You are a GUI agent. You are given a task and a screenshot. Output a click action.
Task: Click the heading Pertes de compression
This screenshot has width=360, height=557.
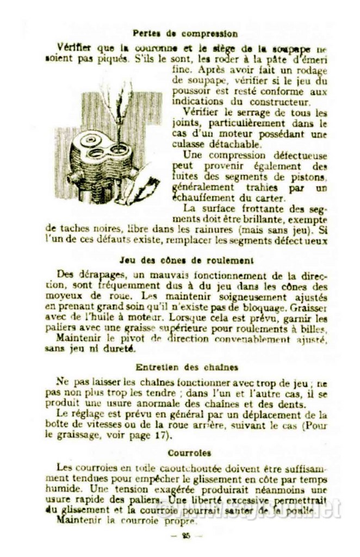click(184, 34)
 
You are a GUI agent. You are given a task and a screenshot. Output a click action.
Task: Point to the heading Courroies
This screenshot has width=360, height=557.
click(182, 453)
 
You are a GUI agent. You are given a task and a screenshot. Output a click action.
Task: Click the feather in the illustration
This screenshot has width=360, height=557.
click(123, 103)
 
